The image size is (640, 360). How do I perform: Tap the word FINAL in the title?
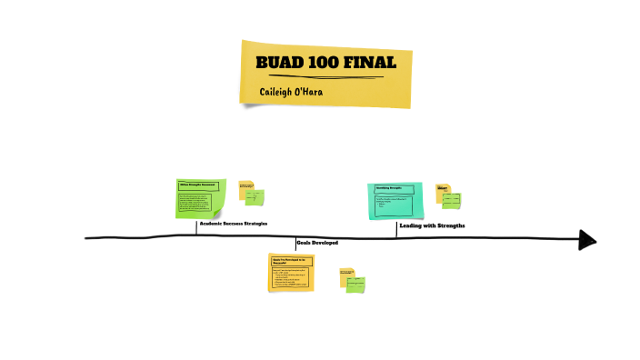[369, 63]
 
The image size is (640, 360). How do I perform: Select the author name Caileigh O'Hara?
[291, 92]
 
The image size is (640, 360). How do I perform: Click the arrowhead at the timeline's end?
[587, 240]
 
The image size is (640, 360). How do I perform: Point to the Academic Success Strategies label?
[234, 223]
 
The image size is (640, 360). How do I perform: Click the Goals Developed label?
[317, 243]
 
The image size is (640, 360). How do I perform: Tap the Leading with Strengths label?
[432, 225]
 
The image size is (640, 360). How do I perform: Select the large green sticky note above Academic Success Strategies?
[199, 198]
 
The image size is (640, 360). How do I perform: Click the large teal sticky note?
[395, 200]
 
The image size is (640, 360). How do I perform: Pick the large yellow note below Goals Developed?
[291, 272]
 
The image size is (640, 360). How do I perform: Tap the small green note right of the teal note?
[452, 200]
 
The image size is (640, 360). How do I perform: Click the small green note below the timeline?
[355, 283]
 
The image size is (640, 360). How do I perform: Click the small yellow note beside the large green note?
[245, 188]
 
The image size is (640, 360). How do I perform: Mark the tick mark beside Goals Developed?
[295, 243]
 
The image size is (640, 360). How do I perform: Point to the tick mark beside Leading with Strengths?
[396, 229]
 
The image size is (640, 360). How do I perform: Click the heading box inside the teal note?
[393, 189]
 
